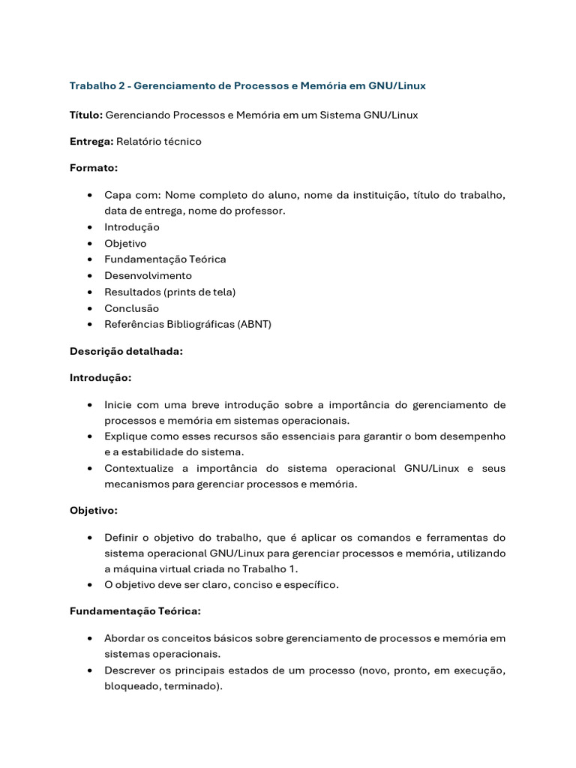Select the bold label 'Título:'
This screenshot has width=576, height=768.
(x=86, y=115)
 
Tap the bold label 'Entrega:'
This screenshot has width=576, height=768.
(x=91, y=141)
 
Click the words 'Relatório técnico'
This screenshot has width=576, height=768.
(x=159, y=141)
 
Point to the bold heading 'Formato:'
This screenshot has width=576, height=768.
(x=94, y=168)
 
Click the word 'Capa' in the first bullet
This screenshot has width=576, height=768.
(x=118, y=195)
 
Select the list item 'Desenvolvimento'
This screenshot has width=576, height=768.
(x=148, y=275)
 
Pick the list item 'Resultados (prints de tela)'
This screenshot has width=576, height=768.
(x=170, y=292)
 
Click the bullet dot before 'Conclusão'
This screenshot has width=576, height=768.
(x=90, y=308)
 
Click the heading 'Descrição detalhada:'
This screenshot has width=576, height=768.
(x=126, y=351)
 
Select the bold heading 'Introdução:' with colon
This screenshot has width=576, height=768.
(x=100, y=377)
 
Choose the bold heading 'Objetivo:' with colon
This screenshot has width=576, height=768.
(x=94, y=510)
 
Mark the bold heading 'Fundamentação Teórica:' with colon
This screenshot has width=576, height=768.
(x=135, y=610)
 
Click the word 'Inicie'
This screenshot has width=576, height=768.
(x=118, y=404)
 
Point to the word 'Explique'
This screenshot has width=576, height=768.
(x=126, y=436)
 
